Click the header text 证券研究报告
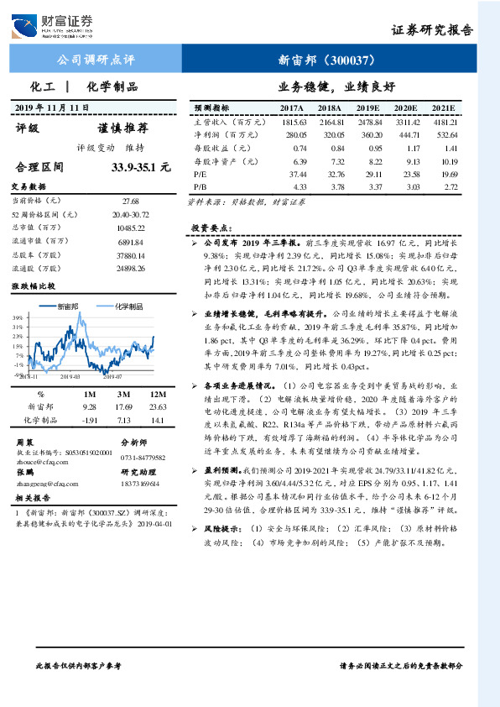pos(432,29)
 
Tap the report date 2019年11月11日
pos(52,108)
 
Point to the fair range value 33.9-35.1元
pos(141,166)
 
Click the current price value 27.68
pos(130,202)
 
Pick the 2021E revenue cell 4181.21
pos(443,122)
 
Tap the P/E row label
pos(201,172)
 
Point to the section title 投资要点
pos(206,228)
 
